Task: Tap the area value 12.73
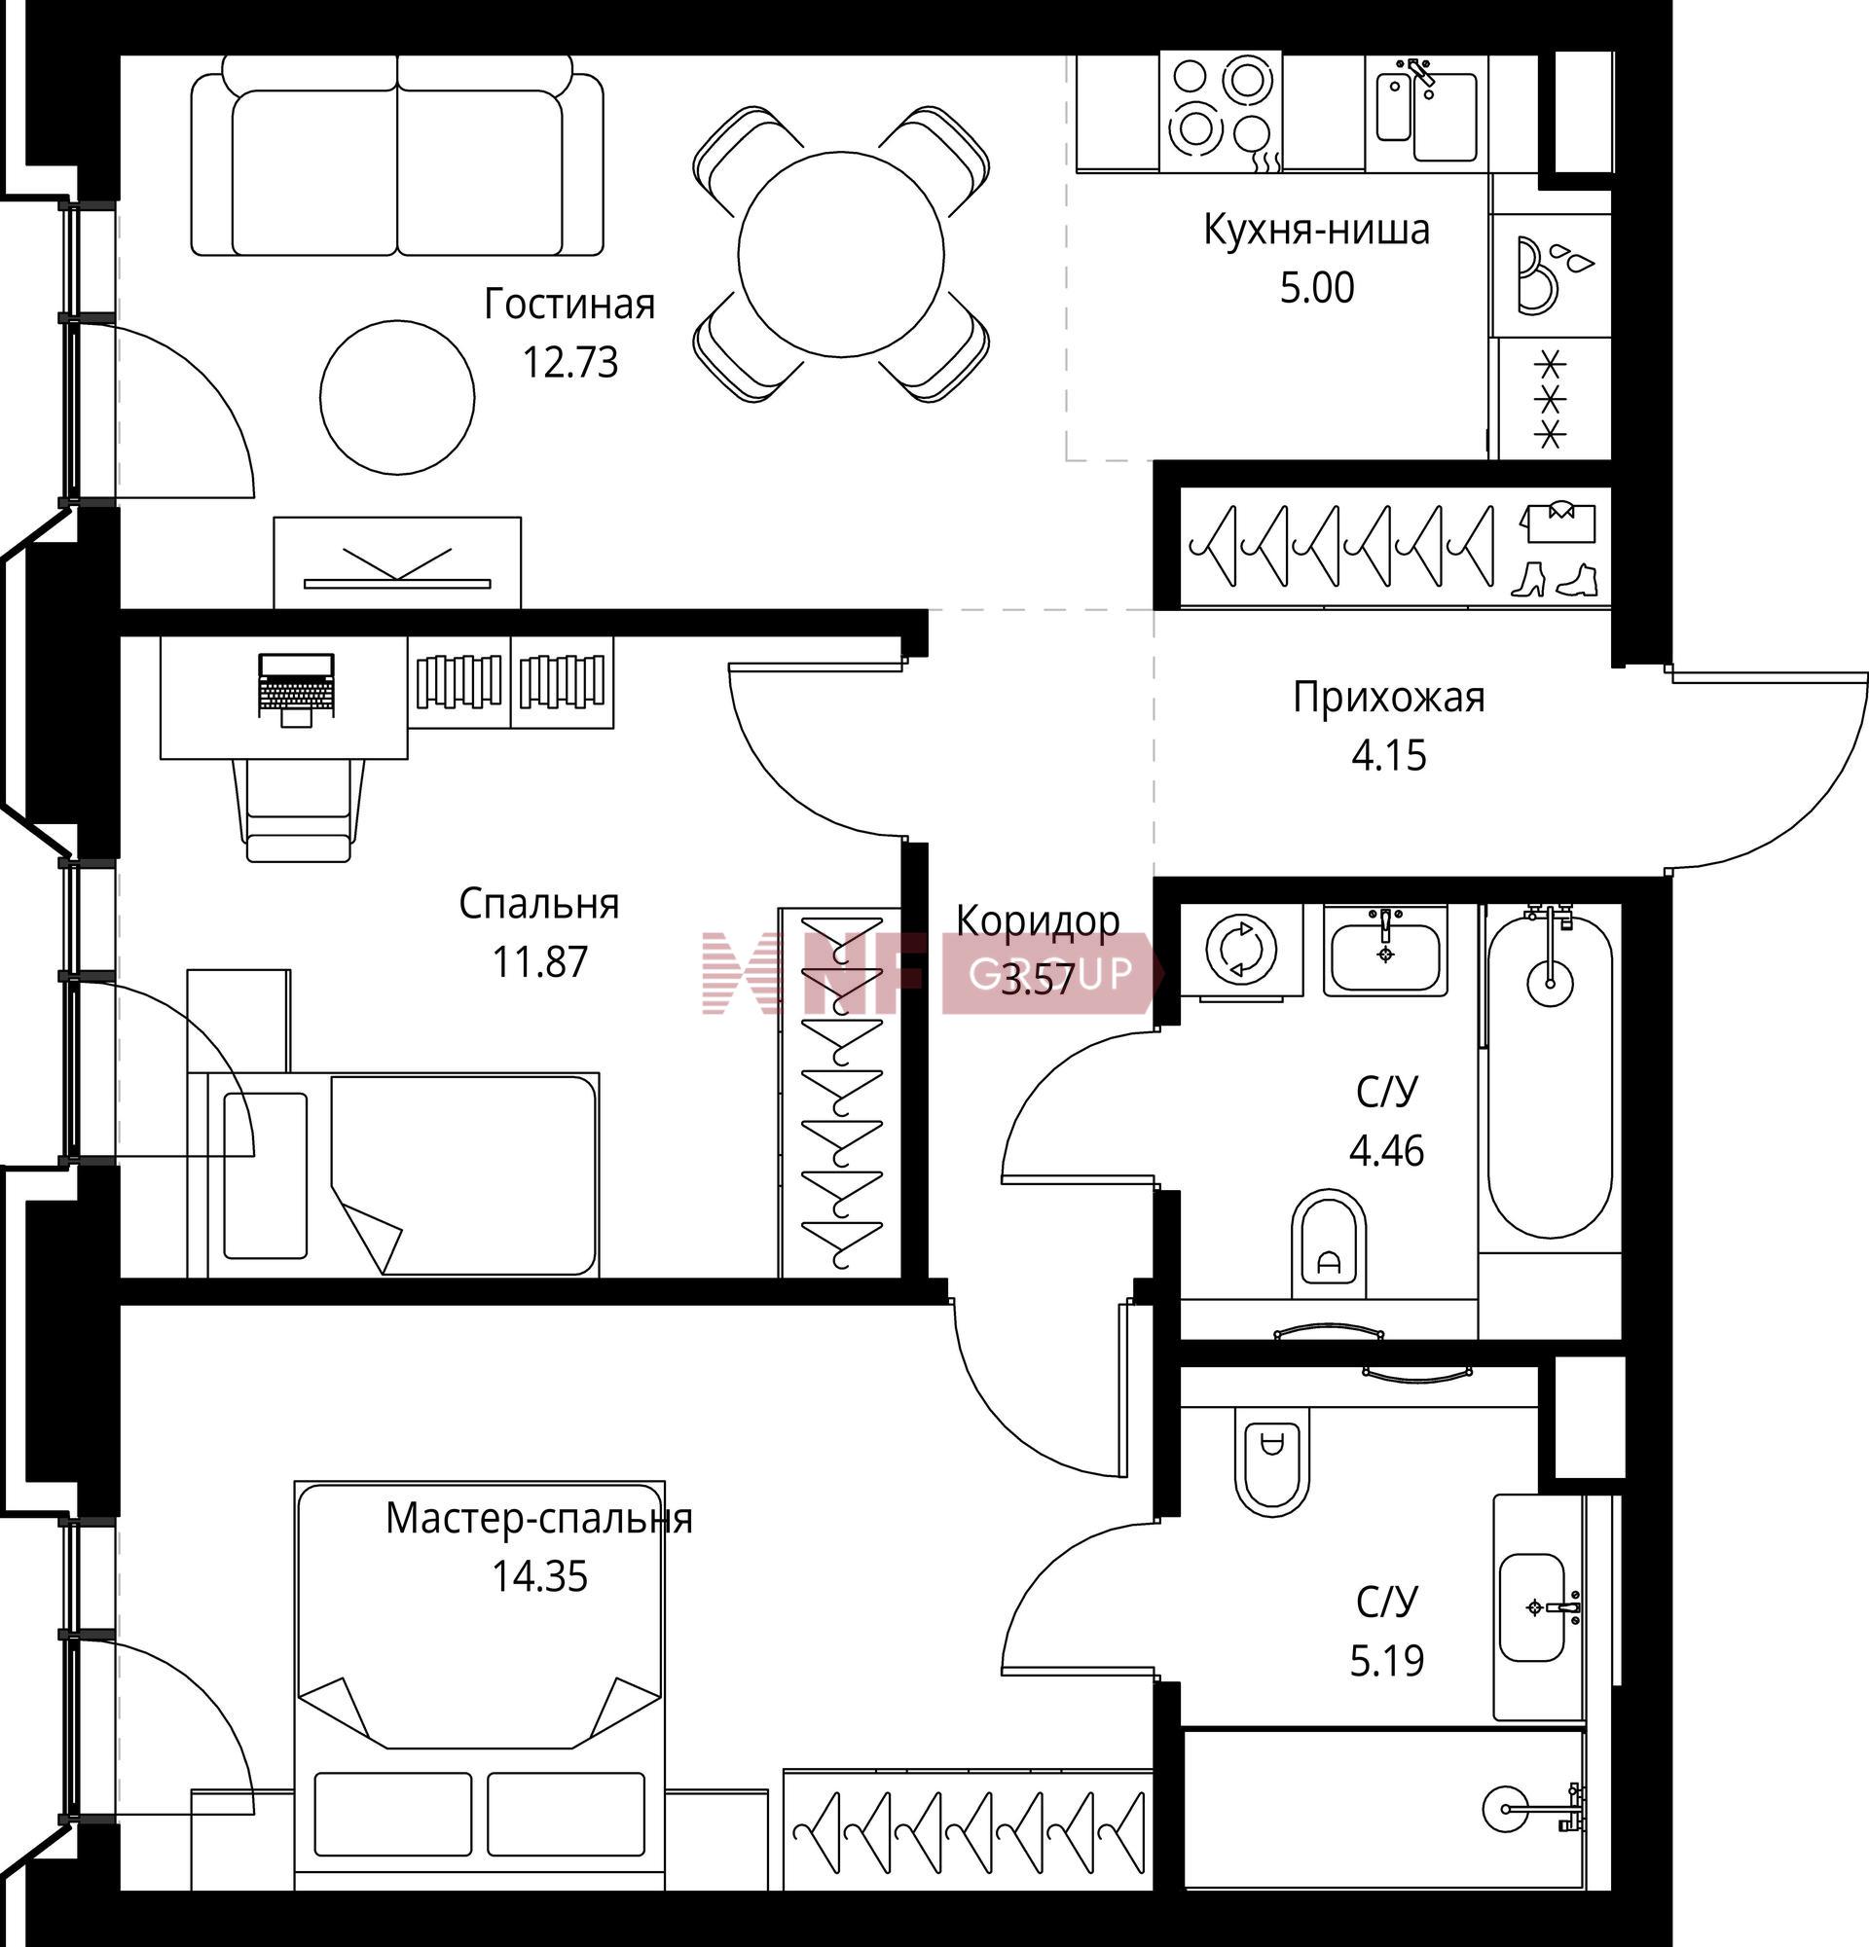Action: (570, 363)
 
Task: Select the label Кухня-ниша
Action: (1316, 230)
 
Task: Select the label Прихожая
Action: (1388, 698)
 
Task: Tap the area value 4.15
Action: (1388, 756)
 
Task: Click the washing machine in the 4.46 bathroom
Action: (1240, 949)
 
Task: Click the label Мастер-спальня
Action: (538, 1519)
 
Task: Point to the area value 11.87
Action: (539, 961)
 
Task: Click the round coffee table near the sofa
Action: (396, 396)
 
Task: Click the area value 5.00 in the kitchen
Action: (1316, 288)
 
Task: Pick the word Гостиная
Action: (569, 305)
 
